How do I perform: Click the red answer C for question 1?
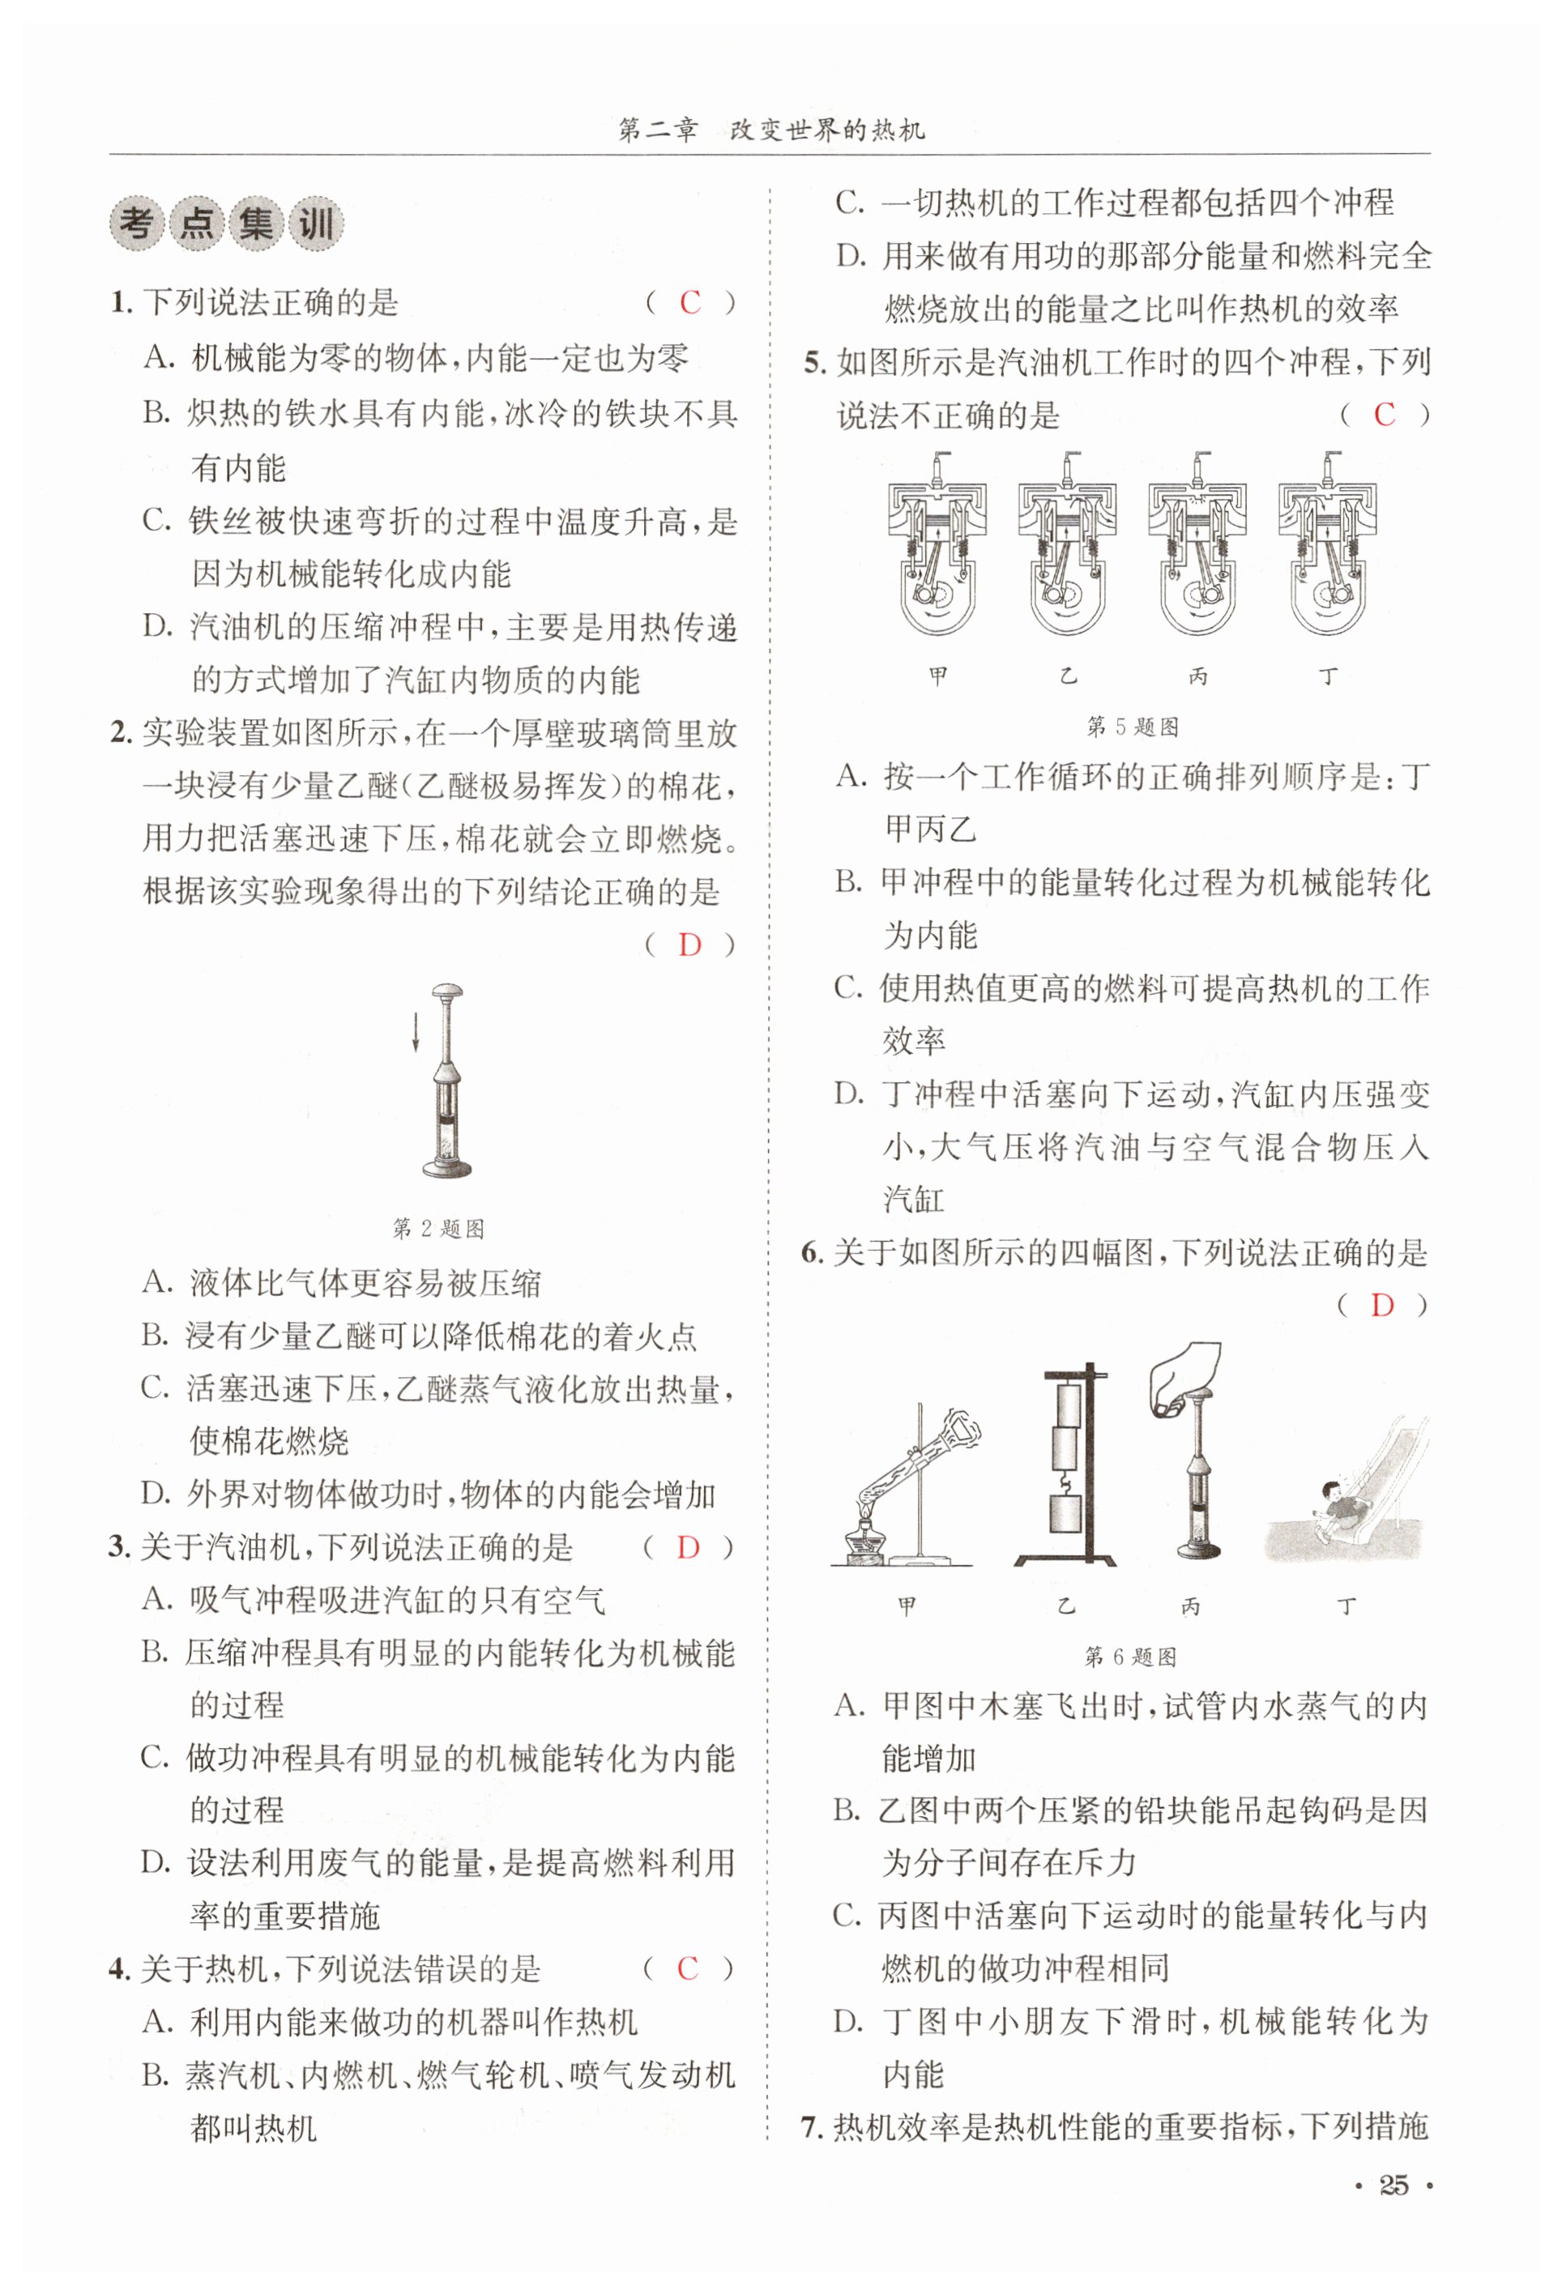click(x=689, y=302)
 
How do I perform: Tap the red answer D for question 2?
click(x=689, y=944)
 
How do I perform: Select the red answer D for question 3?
click(x=687, y=1548)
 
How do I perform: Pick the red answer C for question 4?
click(x=687, y=1968)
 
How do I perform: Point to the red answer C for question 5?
click(x=1385, y=415)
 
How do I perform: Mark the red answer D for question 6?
click(x=1382, y=1306)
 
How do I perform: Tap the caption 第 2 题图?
click(x=438, y=1229)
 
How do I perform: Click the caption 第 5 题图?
click(x=1133, y=727)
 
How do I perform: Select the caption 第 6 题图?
click(x=1130, y=1657)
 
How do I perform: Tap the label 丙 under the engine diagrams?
click(x=1197, y=677)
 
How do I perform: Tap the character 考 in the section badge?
click(x=136, y=224)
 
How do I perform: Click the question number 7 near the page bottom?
click(x=809, y=2127)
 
